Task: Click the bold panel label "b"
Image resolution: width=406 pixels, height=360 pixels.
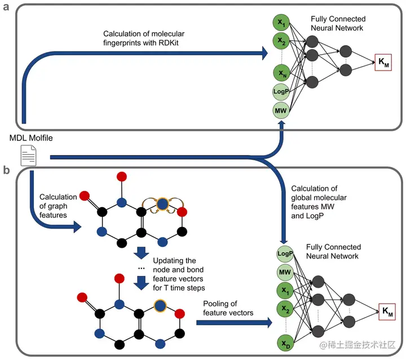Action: click(6, 169)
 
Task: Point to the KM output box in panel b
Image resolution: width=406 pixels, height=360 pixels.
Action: click(387, 310)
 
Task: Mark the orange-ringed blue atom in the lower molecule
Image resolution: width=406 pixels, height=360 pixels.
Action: click(161, 305)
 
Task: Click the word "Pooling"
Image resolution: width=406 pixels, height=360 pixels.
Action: click(217, 304)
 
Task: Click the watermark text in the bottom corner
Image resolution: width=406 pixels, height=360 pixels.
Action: click(358, 344)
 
